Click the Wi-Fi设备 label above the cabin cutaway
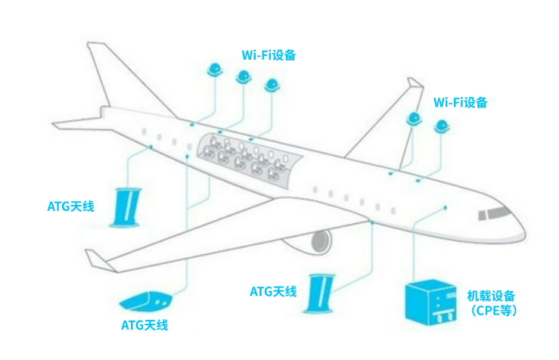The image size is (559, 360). [x=268, y=55]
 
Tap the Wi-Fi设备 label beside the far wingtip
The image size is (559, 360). [x=460, y=102]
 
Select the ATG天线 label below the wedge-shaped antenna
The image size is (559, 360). [x=144, y=326]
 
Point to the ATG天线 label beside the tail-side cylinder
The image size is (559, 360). [x=70, y=205]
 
